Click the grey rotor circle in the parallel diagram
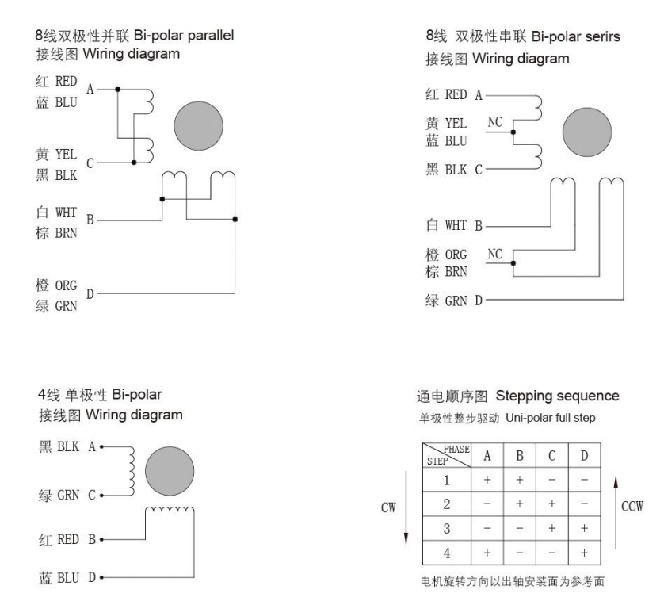(x=199, y=126)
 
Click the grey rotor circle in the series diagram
(x=587, y=132)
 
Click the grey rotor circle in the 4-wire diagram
(x=170, y=471)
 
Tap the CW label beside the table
(x=388, y=507)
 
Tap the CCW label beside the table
(x=632, y=507)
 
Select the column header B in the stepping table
(x=520, y=456)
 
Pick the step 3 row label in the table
(x=447, y=529)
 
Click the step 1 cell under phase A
(x=487, y=480)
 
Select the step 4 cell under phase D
(x=585, y=553)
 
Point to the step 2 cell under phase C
(x=551, y=504)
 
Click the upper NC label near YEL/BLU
(x=494, y=122)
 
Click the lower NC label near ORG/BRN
(x=494, y=255)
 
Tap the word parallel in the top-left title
(x=211, y=36)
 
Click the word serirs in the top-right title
(x=603, y=36)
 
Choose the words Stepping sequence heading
(x=557, y=396)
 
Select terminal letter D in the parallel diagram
(x=90, y=293)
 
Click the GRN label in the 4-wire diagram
(x=68, y=495)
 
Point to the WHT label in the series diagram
(x=456, y=225)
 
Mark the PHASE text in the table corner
(x=456, y=449)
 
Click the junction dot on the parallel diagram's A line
(x=118, y=90)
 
